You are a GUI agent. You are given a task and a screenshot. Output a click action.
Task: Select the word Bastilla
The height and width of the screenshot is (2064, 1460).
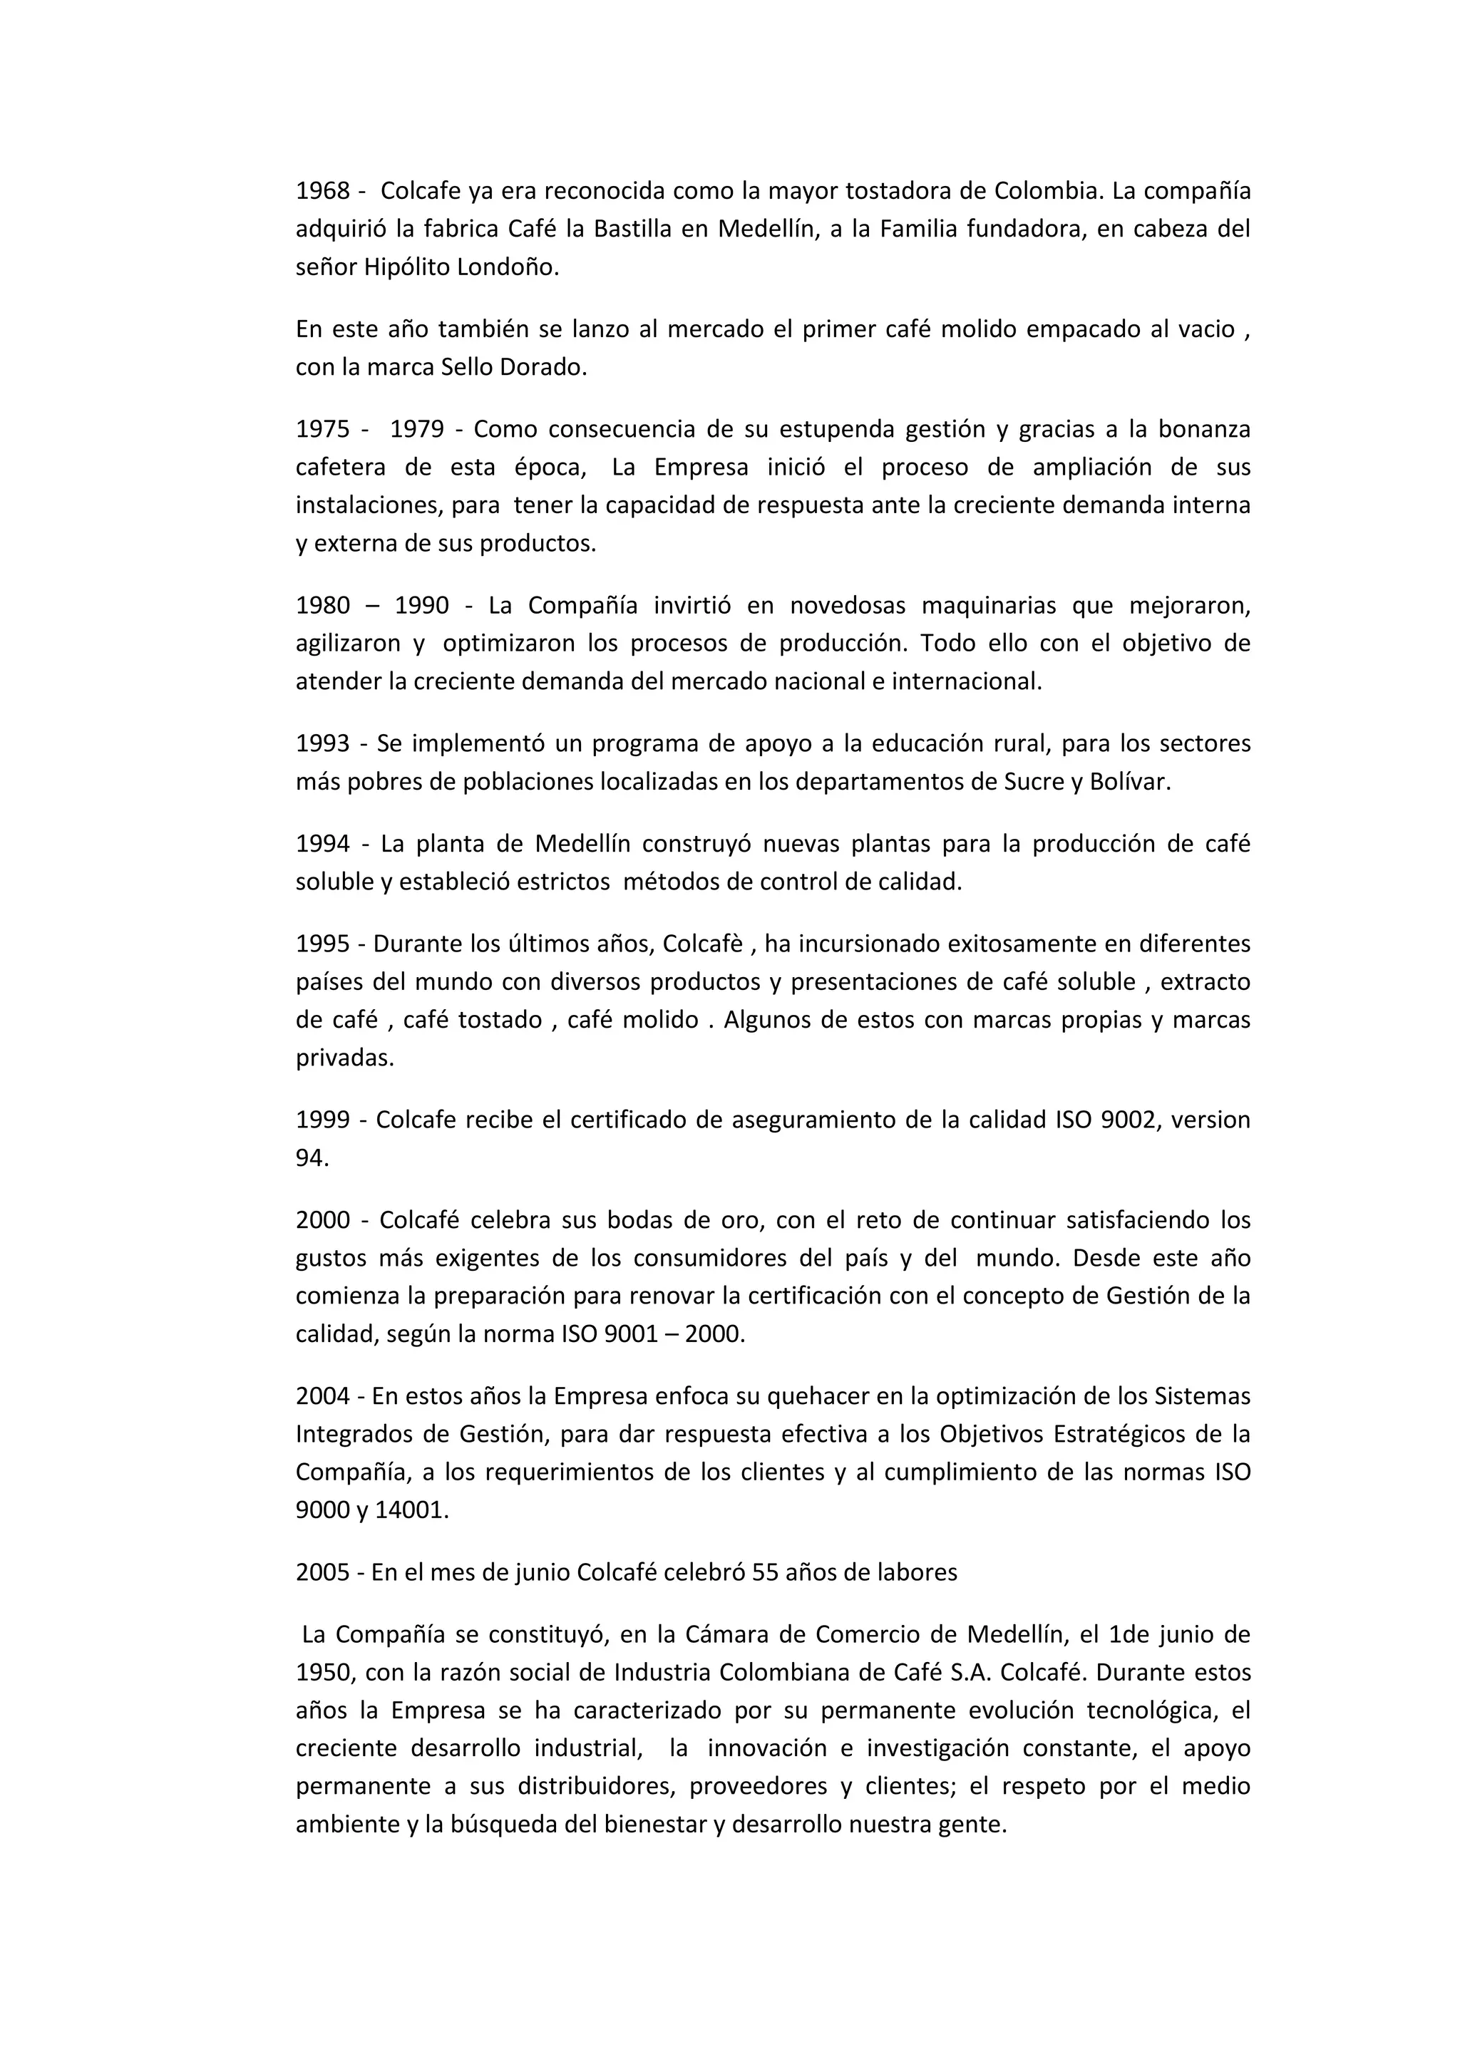[x=631, y=229]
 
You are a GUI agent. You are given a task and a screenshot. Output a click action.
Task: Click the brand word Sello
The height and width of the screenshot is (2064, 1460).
[x=467, y=368]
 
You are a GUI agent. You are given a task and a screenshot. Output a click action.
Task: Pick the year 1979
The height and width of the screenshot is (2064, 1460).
[x=417, y=429]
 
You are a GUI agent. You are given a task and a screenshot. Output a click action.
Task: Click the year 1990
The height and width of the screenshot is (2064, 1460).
[x=421, y=606]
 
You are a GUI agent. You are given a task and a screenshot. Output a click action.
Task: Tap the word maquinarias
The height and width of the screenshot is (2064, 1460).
[x=988, y=606]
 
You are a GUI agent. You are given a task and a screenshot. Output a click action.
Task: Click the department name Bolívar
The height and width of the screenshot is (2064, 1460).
[x=1130, y=782]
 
